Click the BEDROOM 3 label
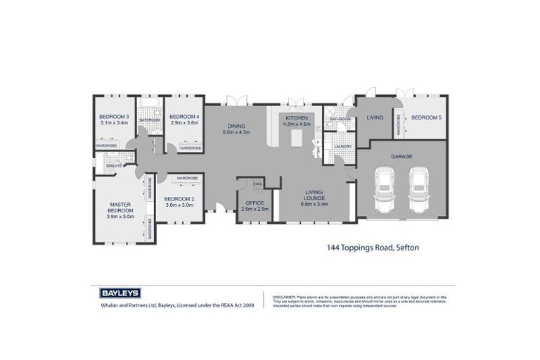[x=114, y=117]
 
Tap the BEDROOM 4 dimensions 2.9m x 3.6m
[x=185, y=122]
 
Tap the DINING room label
[x=236, y=126]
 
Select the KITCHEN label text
[x=296, y=117]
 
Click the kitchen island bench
[x=296, y=139]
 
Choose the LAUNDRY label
[x=342, y=146]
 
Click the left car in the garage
[x=385, y=190]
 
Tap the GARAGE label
[x=401, y=156]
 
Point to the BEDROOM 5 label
[x=426, y=117]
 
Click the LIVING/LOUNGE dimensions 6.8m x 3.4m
[x=313, y=205]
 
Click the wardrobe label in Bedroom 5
[x=399, y=124]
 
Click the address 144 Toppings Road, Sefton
[x=373, y=247]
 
